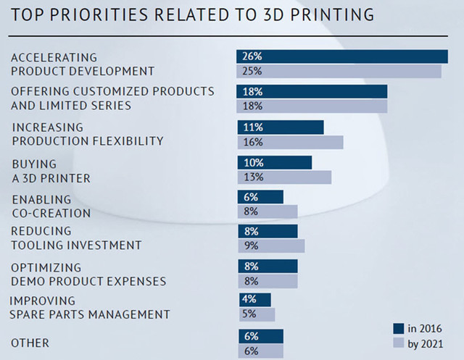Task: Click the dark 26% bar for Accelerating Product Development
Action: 341,56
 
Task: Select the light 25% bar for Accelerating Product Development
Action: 339,71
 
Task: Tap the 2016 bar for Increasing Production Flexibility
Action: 280,127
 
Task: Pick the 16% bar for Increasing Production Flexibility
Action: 289,142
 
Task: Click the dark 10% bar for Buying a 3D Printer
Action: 274,162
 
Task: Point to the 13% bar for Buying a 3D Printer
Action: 283,177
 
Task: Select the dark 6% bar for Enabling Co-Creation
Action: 260,197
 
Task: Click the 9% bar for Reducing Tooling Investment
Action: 270,246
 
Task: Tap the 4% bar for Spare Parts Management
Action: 254,299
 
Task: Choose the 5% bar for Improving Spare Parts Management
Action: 256,314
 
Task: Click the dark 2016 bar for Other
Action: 260,336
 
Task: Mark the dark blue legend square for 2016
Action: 399,327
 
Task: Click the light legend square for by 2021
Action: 399,343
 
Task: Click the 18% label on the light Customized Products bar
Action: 253,106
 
